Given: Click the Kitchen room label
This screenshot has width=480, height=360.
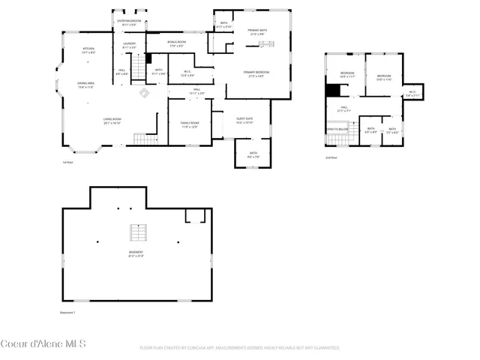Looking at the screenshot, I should pyautogui.click(x=88, y=51).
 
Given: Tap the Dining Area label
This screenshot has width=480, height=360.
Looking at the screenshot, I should pyautogui.click(x=85, y=85).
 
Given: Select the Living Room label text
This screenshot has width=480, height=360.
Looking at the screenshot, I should pyautogui.click(x=112, y=121).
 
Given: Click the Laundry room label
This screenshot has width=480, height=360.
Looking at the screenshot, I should pyautogui.click(x=129, y=45).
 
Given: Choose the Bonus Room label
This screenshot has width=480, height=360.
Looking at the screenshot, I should pyautogui.click(x=177, y=43).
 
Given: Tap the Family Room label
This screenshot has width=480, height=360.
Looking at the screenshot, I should pyautogui.click(x=189, y=124).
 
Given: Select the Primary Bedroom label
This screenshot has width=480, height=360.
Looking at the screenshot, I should pyautogui.click(x=256, y=73).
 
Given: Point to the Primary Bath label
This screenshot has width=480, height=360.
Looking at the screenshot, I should pyautogui.click(x=258, y=31).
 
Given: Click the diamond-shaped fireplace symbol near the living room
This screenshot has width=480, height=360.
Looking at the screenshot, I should pyautogui.click(x=144, y=92).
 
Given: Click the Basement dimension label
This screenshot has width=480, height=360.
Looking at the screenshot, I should pyautogui.click(x=136, y=253).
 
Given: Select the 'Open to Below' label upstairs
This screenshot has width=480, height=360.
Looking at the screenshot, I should pyautogui.click(x=337, y=129).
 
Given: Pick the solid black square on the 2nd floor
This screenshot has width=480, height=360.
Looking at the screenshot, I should pyautogui.click(x=332, y=89).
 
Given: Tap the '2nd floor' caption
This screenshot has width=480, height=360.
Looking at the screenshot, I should pyautogui.click(x=331, y=157).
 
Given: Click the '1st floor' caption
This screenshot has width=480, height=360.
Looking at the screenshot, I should pyautogui.click(x=67, y=161).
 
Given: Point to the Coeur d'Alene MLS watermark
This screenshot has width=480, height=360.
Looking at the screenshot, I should pyautogui.click(x=43, y=344).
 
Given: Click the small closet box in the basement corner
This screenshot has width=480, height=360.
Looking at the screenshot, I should pyautogui.click(x=196, y=216).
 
